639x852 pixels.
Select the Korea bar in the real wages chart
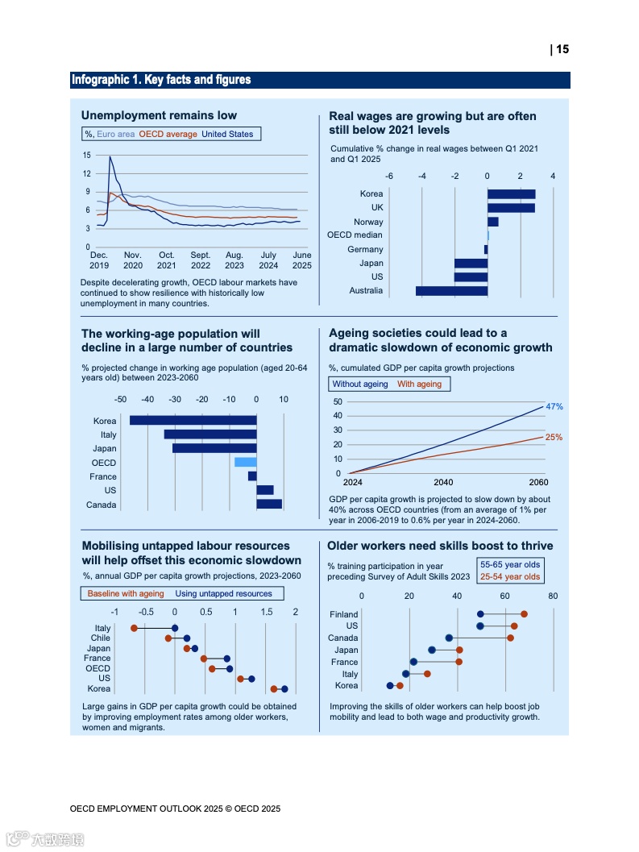511,193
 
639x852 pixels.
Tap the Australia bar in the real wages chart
451,290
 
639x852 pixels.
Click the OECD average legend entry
168,134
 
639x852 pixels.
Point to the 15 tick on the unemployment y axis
86,155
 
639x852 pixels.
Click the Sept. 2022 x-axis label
201,260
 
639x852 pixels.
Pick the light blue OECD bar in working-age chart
245,463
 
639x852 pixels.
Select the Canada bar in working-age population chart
269,505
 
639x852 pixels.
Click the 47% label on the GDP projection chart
554,407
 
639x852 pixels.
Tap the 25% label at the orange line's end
554,438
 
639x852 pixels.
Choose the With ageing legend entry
419,384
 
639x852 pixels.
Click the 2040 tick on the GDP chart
443,483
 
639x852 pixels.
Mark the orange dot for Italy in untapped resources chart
134,628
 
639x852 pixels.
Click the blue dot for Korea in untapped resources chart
284,689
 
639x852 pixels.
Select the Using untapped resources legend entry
224,593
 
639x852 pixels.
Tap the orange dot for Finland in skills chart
524,614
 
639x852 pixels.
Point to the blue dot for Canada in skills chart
449,638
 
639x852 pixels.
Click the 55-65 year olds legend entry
510,564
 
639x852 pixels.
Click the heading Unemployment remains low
159,115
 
